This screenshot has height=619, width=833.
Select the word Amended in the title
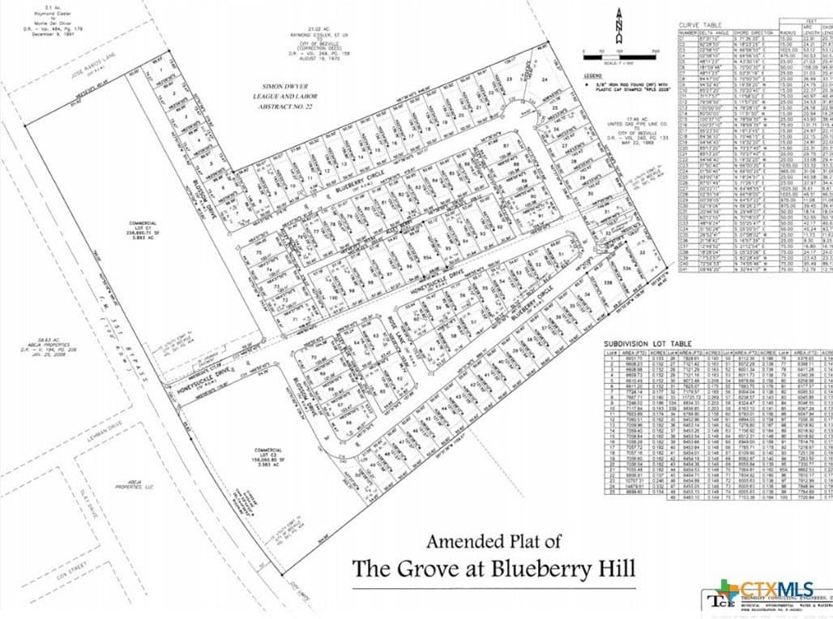(x=464, y=540)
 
